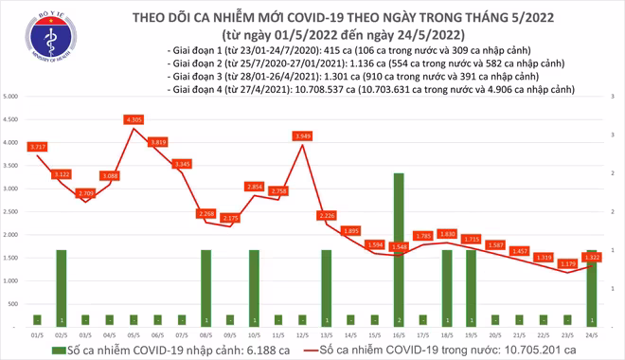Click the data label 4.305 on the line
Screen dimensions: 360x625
click(134, 119)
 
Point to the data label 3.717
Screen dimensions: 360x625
click(38, 147)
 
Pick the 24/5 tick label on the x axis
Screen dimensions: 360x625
click(592, 334)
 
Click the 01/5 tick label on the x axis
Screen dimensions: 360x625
click(37, 334)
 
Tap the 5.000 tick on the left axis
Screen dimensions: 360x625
click(13, 98)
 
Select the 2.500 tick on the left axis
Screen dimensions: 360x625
click(13, 211)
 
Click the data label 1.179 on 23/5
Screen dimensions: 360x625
click(567, 263)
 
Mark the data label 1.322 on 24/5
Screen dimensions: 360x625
click(592, 257)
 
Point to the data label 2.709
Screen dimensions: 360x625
click(86, 192)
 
